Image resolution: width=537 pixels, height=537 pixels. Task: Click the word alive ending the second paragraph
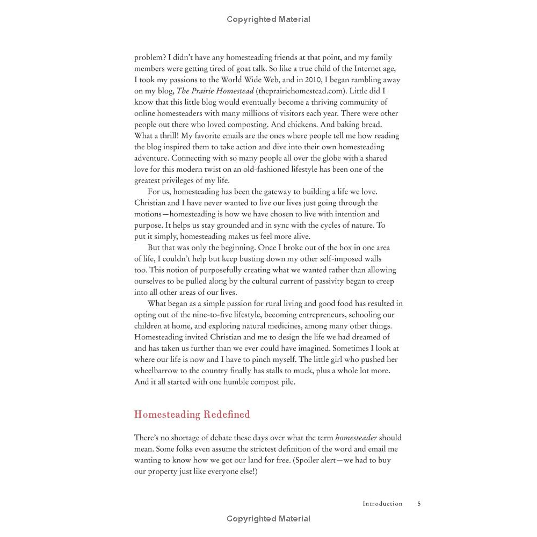pyautogui.click(x=314, y=237)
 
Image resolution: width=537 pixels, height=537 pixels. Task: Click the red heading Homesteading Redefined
pyautogui.click(x=192, y=415)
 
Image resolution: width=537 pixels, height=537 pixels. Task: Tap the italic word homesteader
pyautogui.click(x=356, y=438)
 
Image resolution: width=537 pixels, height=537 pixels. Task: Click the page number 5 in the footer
pyautogui.click(x=419, y=504)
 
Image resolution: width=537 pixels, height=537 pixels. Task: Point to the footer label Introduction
pyautogui.click(x=382, y=504)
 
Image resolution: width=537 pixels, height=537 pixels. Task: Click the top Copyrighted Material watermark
pyautogui.click(x=268, y=19)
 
